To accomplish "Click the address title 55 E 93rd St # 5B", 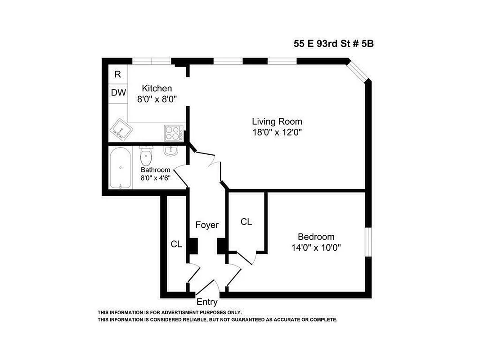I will pos(333,44).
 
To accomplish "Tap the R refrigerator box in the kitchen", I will pos(117,75).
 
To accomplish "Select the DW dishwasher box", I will pos(118,93).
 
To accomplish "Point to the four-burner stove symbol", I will pos(172,133).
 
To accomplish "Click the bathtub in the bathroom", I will pos(121,168).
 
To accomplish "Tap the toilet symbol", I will pos(146,157).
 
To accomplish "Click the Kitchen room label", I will pos(157,88).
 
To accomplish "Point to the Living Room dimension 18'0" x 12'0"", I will pos(277,132).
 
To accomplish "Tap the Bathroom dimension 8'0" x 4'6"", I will pos(155,178).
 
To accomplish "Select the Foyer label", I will pos(206,225).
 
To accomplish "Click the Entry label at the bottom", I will pos(207,302).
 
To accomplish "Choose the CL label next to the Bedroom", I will pos(246,222).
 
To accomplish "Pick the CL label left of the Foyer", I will pos(176,244).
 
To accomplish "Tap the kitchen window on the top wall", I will pos(152,61).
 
